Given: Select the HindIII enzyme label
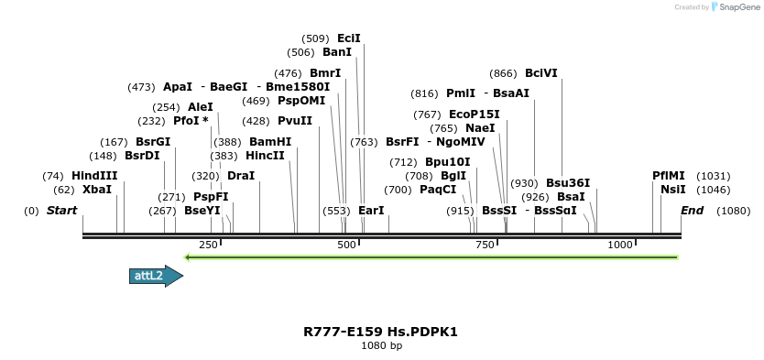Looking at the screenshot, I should pyautogui.click(x=94, y=176).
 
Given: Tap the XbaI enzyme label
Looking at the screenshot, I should pyautogui.click(x=96, y=190).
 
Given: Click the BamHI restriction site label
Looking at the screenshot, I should pyautogui.click(x=270, y=142).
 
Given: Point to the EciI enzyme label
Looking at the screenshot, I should pyautogui.click(x=349, y=38).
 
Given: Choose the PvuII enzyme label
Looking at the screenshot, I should pyautogui.click(x=295, y=121).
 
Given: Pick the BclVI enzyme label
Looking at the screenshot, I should pyautogui.click(x=541, y=73).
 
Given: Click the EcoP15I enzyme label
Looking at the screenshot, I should pyautogui.click(x=475, y=115).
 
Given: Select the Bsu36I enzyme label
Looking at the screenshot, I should pyautogui.click(x=568, y=183).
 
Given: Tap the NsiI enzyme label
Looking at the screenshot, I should pyautogui.click(x=672, y=190).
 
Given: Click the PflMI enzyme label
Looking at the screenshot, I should pyautogui.click(x=668, y=176).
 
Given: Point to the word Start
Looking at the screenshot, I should pyautogui.click(x=62, y=211).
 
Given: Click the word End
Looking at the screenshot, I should pyautogui.click(x=693, y=211).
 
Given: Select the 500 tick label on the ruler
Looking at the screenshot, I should pyautogui.click(x=346, y=245).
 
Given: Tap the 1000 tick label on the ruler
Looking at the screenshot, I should pyautogui.click(x=621, y=245).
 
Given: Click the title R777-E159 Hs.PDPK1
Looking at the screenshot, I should pyautogui.click(x=381, y=332).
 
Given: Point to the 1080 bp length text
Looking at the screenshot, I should pyautogui.click(x=381, y=346).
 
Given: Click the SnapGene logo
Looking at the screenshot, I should pyautogui.click(x=735, y=7).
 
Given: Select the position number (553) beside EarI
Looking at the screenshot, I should pyautogui.click(x=336, y=211).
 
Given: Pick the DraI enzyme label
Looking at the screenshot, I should pyautogui.click(x=241, y=176).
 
